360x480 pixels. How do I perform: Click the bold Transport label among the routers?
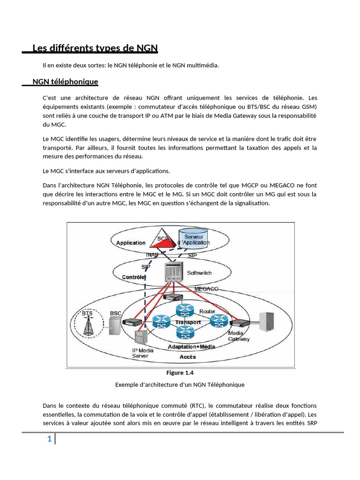188,322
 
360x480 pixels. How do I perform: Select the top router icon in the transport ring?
185,310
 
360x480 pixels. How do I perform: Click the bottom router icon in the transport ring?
185,333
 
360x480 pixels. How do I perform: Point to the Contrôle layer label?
134,277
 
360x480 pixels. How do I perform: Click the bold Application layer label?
131,243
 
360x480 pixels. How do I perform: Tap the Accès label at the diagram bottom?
187,357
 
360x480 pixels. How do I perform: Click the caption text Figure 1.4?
180,373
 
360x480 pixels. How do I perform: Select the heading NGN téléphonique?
65,82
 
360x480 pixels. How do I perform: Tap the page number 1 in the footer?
49,439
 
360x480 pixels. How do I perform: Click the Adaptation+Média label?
191,347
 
